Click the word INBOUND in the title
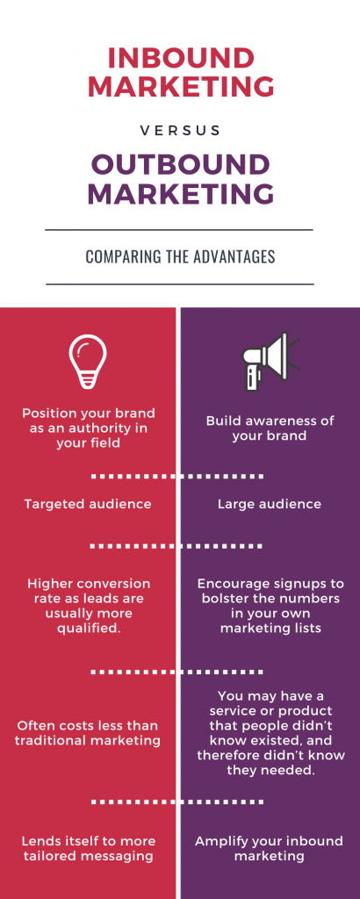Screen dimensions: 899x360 tap(180, 59)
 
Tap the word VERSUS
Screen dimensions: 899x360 tap(180, 130)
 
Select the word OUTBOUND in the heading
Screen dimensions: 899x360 tap(180, 164)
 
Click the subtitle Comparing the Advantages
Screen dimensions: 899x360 tap(179, 257)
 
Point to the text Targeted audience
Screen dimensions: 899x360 tap(88, 505)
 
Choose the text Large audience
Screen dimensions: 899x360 tap(270, 505)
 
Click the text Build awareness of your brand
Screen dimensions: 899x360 tap(270, 428)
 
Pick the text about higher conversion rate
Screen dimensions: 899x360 tap(89, 605)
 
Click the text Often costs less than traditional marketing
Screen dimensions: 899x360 tap(88, 733)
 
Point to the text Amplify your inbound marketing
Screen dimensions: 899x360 tap(270, 849)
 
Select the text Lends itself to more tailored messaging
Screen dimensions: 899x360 tap(88, 849)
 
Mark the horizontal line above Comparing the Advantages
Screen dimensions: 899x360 tap(179, 230)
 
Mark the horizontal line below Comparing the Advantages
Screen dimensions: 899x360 tap(179, 284)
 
